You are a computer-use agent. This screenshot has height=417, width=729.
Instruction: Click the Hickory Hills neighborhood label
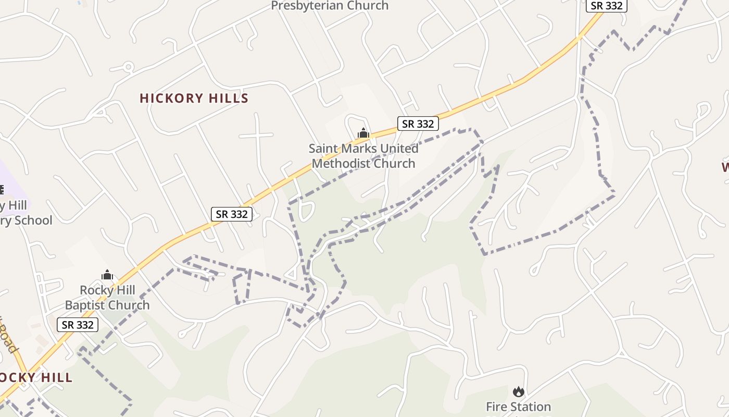pos(194,99)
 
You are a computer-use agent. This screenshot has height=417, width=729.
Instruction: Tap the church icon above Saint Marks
pos(363,133)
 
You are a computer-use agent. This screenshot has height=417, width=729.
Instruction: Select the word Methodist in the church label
pos(341,164)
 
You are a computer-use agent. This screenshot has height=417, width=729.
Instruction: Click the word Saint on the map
pos(322,149)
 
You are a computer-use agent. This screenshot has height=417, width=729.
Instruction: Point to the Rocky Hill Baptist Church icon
pos(107,275)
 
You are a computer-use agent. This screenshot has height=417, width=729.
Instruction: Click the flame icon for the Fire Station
pos(518,391)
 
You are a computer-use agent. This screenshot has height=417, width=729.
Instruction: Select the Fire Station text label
pos(518,407)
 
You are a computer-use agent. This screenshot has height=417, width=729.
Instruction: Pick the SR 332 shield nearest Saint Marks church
pos(418,124)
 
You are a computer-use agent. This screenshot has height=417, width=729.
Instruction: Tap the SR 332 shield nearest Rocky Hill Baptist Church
pos(78,325)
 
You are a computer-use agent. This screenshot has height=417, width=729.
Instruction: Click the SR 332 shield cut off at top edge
pos(607,5)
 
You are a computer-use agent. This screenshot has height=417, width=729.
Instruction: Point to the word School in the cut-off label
pos(33,220)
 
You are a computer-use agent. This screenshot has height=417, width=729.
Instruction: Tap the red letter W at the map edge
pos(725,167)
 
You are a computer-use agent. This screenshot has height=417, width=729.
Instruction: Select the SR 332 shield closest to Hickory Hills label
pos(232,214)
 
